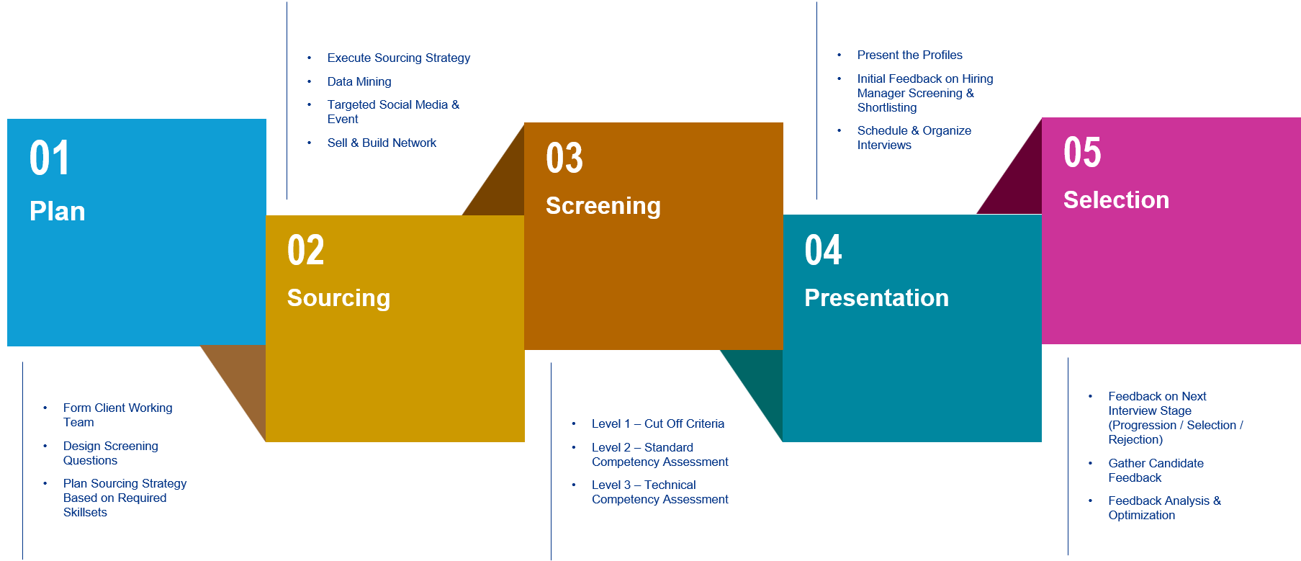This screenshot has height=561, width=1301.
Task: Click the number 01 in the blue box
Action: point(49,158)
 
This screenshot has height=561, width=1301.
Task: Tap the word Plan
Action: point(58,212)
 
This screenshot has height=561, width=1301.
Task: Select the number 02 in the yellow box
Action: point(306,251)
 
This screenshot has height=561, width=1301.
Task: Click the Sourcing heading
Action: point(338,298)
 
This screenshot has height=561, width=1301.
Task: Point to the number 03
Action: point(564,158)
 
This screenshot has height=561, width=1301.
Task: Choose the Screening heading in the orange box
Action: point(603,206)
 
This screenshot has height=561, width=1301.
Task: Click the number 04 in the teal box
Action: point(823,251)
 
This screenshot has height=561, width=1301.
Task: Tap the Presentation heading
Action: point(876,298)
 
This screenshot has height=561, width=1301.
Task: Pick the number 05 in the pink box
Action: point(1082,153)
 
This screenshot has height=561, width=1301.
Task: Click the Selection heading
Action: point(1116,200)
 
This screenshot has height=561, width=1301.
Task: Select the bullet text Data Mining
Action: point(359,82)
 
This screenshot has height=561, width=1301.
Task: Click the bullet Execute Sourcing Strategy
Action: point(399,58)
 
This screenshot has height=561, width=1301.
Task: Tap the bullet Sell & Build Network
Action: point(382,143)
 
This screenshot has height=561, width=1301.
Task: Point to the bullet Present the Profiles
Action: point(909,55)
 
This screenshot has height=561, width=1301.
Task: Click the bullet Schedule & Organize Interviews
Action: point(914,138)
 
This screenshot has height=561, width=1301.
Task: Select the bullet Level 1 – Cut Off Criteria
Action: point(658,424)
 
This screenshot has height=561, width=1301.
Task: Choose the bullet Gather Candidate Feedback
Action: point(1156,470)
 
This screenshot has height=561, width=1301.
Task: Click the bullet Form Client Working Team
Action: point(117,415)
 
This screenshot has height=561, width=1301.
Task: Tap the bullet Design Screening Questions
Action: point(110,453)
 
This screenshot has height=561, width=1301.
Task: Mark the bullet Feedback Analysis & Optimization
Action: point(1164,508)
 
